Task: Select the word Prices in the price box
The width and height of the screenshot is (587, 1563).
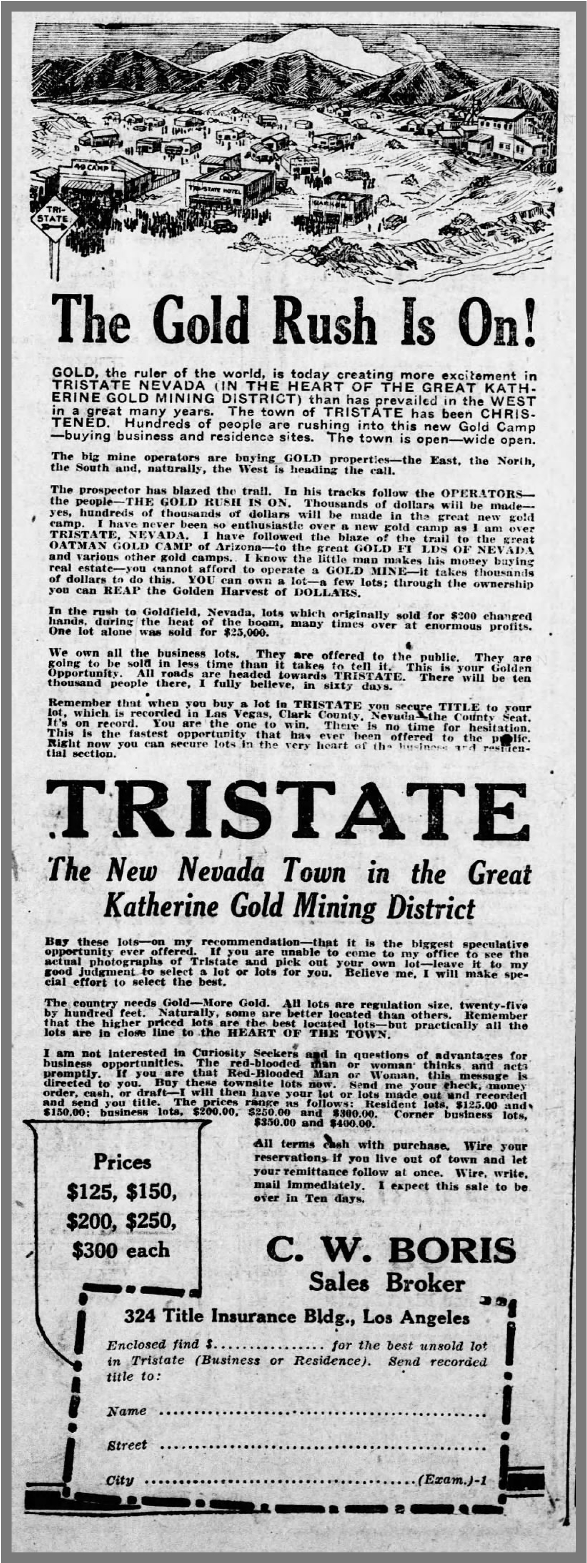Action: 122,1161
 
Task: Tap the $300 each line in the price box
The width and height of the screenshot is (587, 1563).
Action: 121,1249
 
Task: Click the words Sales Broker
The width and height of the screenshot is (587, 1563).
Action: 387,1282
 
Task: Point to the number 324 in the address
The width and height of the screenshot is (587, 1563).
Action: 139,1317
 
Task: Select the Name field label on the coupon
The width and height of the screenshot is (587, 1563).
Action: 127,1411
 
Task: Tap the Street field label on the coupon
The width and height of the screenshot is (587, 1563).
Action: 128,1445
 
